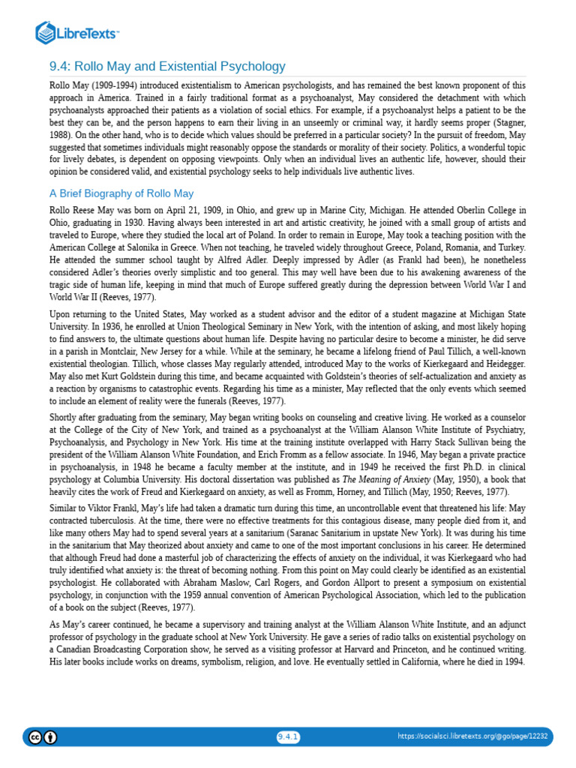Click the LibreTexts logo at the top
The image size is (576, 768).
click(77, 32)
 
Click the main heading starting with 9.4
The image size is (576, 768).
click(167, 67)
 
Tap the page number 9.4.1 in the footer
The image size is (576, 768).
click(288, 736)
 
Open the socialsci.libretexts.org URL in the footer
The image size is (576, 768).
click(472, 736)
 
